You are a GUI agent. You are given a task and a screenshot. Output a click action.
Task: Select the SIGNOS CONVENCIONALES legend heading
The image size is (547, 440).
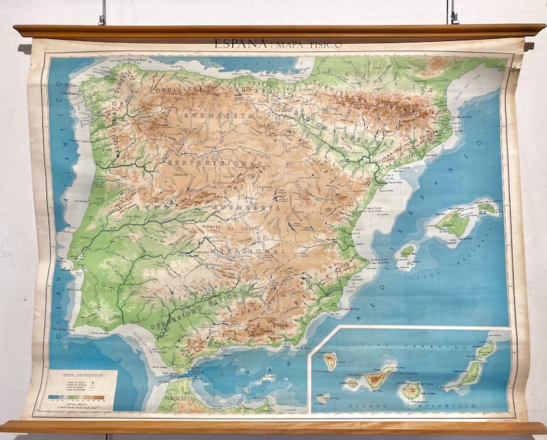77,375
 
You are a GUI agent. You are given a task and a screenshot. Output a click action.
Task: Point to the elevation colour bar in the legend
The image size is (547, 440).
77,397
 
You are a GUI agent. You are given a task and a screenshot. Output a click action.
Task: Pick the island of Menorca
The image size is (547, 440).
488,206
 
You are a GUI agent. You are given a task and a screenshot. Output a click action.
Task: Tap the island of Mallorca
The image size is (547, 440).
452,223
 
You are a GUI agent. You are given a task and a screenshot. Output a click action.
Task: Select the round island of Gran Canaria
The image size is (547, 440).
411,390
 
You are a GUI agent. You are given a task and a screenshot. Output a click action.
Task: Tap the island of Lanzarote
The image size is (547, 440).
486,350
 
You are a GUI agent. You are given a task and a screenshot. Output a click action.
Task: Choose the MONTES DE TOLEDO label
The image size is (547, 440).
228,225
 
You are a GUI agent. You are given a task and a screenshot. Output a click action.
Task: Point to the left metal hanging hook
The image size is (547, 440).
103,12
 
